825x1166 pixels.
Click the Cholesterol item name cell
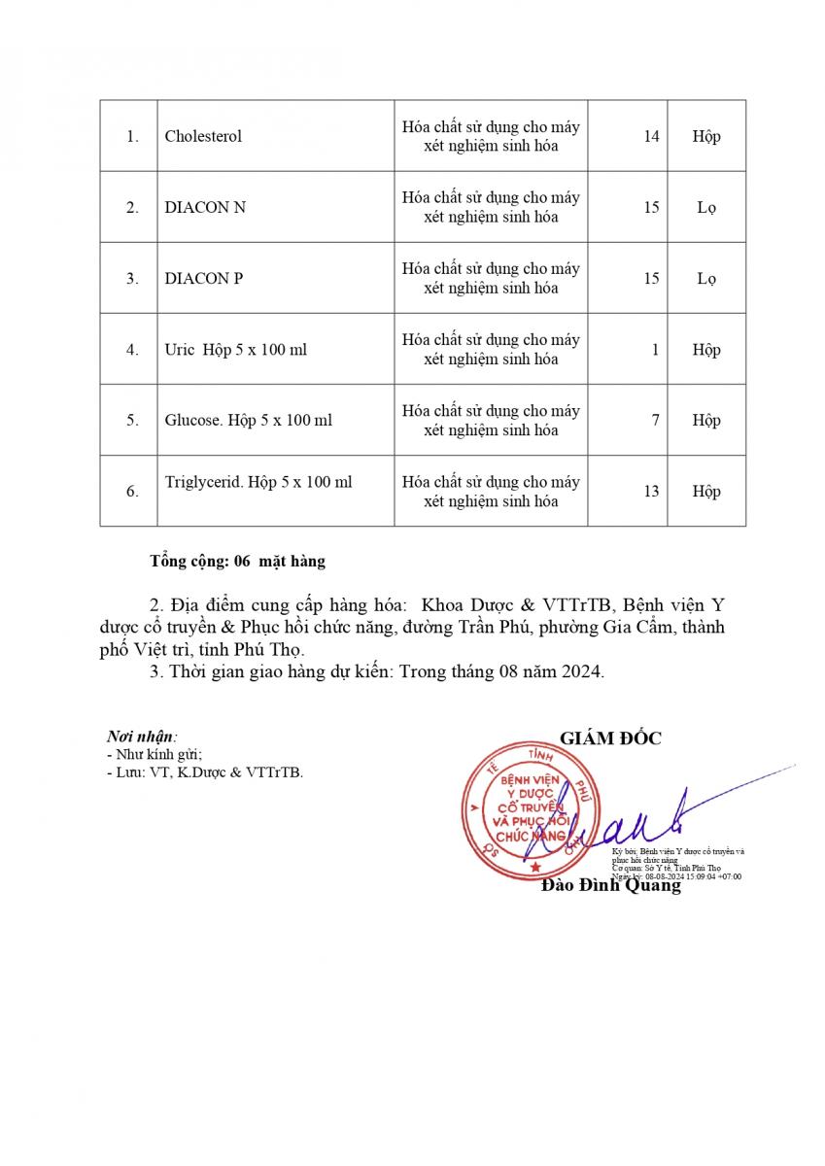click(x=203, y=136)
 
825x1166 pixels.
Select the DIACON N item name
click(x=205, y=207)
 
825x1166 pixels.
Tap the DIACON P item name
click(x=204, y=278)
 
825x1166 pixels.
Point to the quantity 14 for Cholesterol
click(x=651, y=136)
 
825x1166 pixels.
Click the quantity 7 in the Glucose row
click(x=656, y=420)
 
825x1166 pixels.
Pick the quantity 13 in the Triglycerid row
click(x=651, y=491)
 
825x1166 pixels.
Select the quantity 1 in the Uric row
click(x=656, y=349)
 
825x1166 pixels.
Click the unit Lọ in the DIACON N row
click(x=706, y=207)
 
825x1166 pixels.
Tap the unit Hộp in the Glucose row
click(x=706, y=420)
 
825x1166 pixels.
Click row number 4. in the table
click(x=132, y=349)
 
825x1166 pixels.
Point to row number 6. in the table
click(x=132, y=492)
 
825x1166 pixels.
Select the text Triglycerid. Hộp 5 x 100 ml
click(x=258, y=482)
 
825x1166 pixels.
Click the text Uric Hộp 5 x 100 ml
click(x=235, y=349)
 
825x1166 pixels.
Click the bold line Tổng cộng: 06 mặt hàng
click(x=238, y=561)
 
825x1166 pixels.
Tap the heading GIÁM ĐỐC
click(x=610, y=738)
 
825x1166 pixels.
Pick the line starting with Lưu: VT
click(x=205, y=772)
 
